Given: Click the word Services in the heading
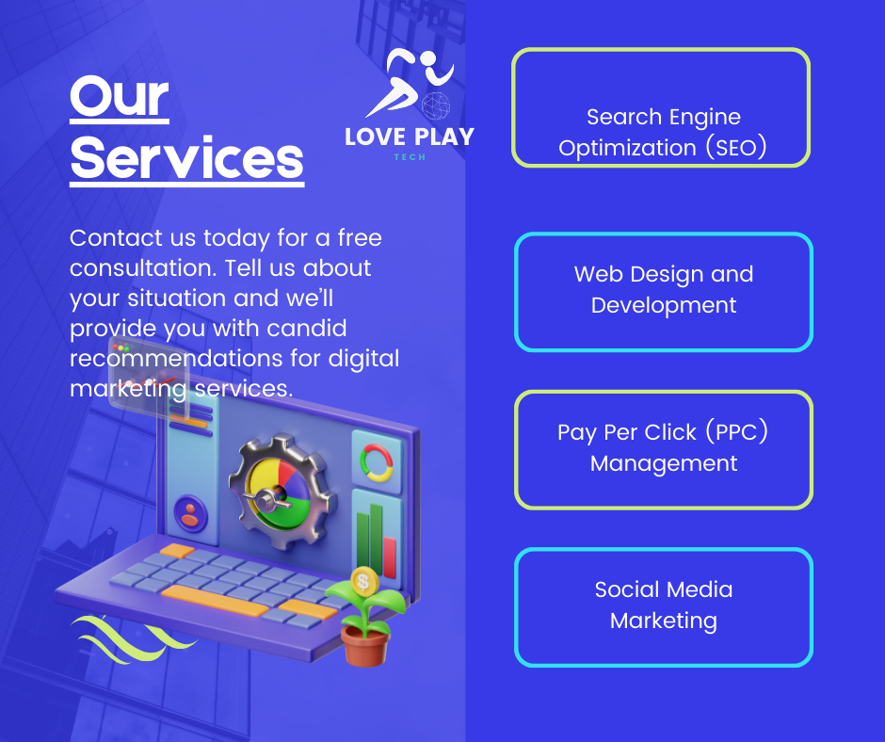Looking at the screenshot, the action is pos(186,159).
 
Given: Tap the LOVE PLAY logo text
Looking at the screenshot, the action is pos(410,137).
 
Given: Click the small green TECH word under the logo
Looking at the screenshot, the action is pos(410,157).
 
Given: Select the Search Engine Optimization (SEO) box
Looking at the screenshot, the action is pos(661,107).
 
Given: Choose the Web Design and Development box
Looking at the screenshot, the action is pos(663,292).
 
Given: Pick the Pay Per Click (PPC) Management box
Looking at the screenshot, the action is pos(663,449).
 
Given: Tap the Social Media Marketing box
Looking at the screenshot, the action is pos(663,607).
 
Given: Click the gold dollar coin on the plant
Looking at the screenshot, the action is pos(363,580).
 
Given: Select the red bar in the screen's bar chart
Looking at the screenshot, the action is pos(390,557).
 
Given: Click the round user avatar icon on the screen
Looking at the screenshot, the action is pos(191,513).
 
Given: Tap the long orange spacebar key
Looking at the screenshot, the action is pos(215,601).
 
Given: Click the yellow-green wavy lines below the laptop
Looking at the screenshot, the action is pos(133,638).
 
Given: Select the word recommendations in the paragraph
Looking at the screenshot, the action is pos(176,358).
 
